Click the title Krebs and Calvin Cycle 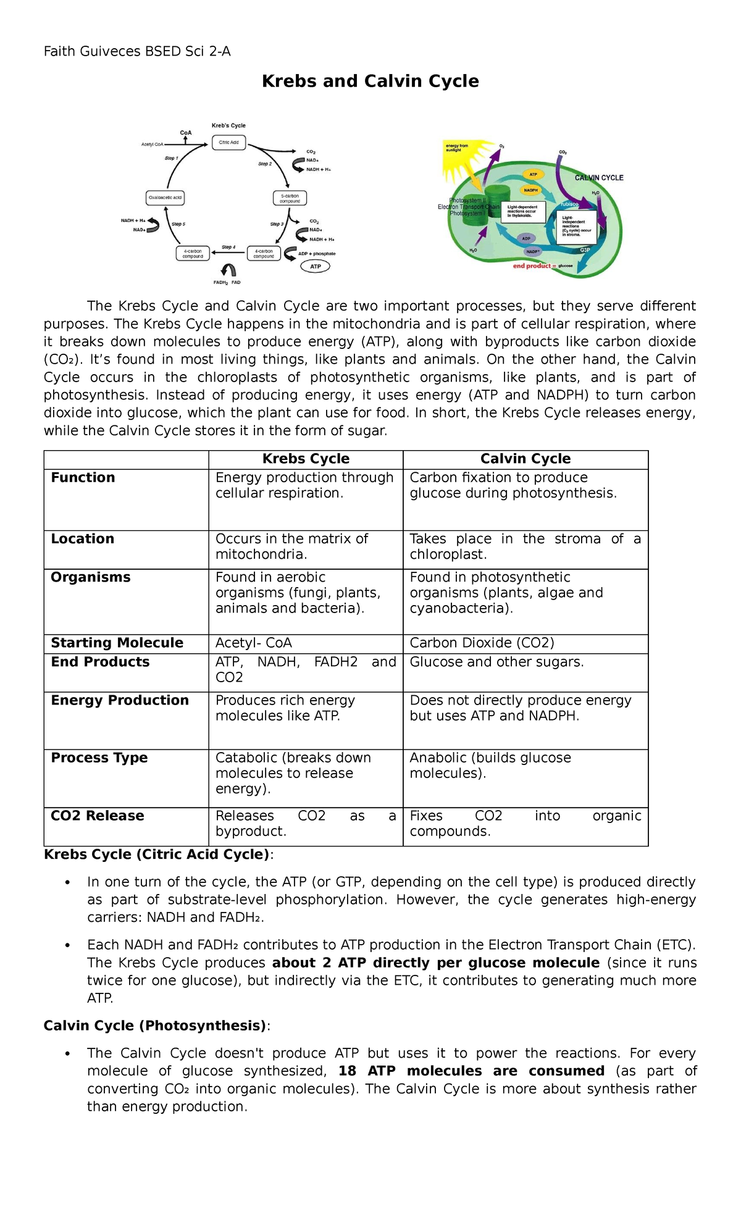(x=370, y=81)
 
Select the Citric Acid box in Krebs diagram (x=228, y=143)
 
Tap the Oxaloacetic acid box (x=165, y=198)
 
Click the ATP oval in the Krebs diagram (x=316, y=267)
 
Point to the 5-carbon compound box (x=290, y=198)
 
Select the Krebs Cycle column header (x=306, y=459)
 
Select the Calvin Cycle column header (x=525, y=459)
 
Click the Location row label (x=83, y=539)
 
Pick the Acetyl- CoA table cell (x=254, y=643)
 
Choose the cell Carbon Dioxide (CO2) (x=482, y=643)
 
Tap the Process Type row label (x=99, y=758)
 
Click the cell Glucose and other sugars (x=496, y=662)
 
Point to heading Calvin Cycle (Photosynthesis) (x=155, y=1026)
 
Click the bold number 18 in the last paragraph (x=347, y=1071)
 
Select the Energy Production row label (x=120, y=701)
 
